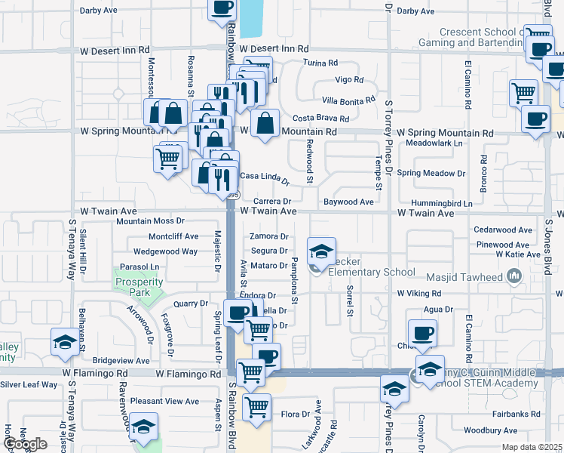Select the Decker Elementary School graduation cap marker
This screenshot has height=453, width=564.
tap(321, 252)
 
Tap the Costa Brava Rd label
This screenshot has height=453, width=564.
tap(320, 119)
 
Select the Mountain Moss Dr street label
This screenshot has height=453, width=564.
tap(151, 221)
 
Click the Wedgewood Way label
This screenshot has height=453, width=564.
tap(165, 251)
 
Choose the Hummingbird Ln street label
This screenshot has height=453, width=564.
tap(441, 204)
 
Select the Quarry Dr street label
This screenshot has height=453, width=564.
tap(190, 304)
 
